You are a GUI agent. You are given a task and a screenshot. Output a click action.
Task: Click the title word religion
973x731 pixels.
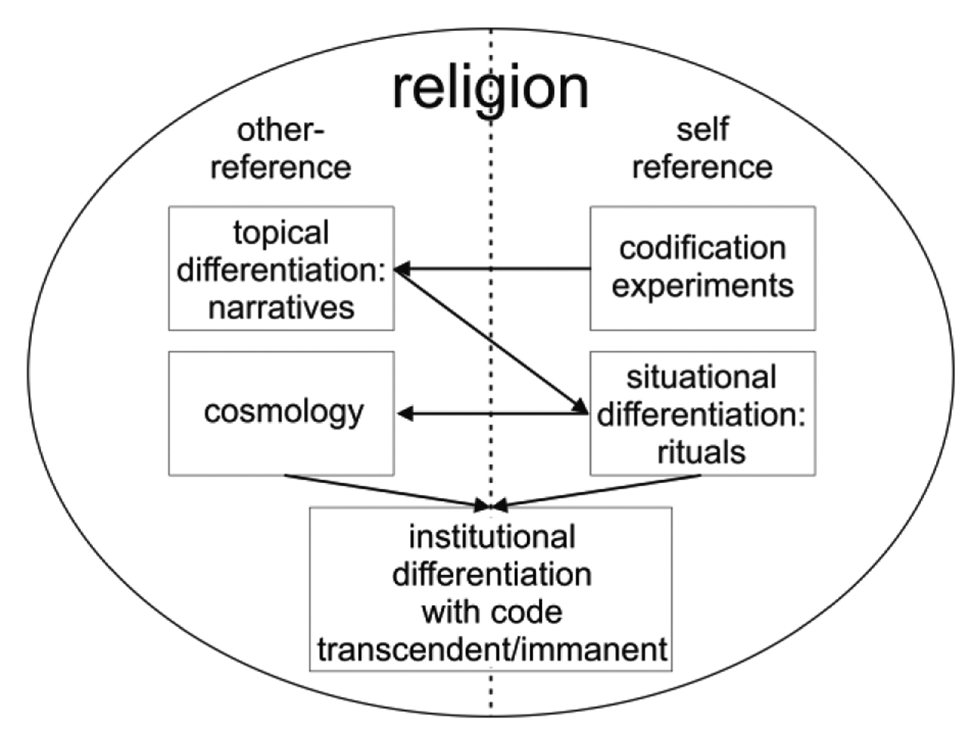coord(490,89)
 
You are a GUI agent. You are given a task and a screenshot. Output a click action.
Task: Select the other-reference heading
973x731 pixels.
coord(281,149)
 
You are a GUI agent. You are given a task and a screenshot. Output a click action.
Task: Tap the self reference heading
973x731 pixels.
coord(702,149)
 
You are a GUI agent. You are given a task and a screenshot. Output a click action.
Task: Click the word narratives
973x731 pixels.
coord(281,308)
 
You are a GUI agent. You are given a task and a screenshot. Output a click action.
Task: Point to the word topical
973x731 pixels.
coord(281,233)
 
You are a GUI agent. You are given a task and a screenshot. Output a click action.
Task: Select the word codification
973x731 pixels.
coord(702,249)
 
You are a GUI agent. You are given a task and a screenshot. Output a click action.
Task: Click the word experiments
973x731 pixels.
coord(702,286)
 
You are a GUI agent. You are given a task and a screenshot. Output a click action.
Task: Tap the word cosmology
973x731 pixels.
coord(283,411)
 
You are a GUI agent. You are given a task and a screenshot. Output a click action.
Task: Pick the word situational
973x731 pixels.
coord(701,377)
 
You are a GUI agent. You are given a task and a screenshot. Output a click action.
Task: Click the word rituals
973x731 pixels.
coord(701,452)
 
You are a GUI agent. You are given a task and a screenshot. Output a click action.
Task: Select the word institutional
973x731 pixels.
coord(491,537)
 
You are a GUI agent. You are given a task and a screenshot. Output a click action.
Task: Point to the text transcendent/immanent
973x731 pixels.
coord(491,649)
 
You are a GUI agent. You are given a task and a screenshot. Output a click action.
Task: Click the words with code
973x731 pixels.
coord(491,612)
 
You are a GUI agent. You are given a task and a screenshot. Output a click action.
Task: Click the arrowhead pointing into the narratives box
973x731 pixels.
coord(402,269)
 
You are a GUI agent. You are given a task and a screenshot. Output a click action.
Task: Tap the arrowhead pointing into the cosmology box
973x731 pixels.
coord(405,413)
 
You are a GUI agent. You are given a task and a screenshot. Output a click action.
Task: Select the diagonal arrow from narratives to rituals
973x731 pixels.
coord(490,340)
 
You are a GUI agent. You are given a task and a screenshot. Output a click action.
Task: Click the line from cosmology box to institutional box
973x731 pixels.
coord(384,491)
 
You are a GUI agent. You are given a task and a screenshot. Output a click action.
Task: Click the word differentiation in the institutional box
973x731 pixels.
coord(491,574)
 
